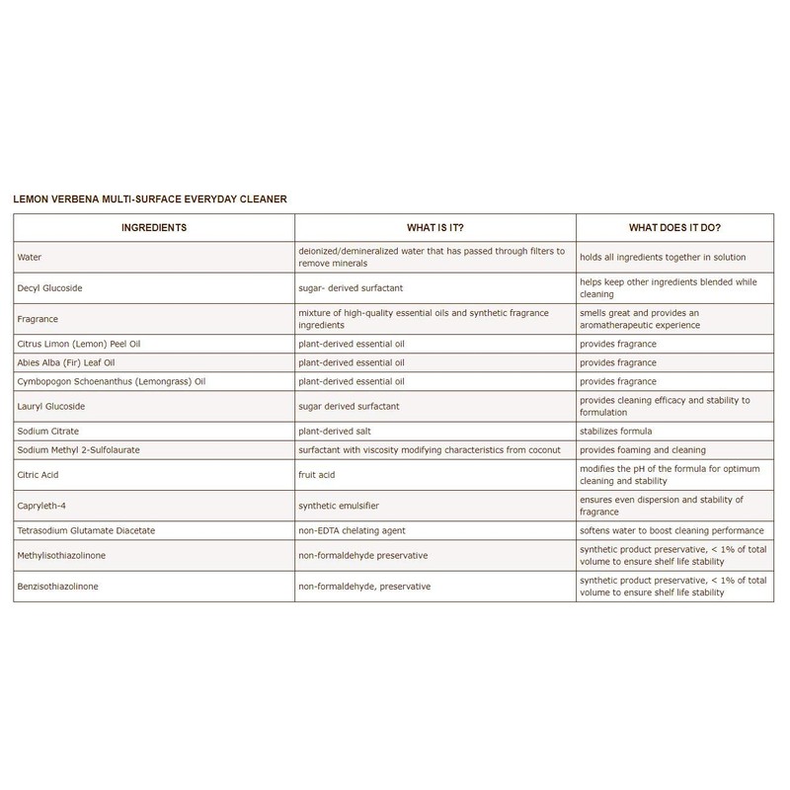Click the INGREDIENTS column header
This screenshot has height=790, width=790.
pos(153,227)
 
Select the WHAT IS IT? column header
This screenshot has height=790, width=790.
pos(435,227)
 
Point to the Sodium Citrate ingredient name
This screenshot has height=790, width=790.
pos(47,431)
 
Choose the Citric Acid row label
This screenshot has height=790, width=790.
pos(39,475)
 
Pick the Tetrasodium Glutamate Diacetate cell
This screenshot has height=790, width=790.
pos(87,530)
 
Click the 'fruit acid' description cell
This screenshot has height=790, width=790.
pos(317,475)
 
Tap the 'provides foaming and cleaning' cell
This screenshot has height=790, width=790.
pos(643,449)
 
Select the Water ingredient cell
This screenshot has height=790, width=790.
pos(31,258)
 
